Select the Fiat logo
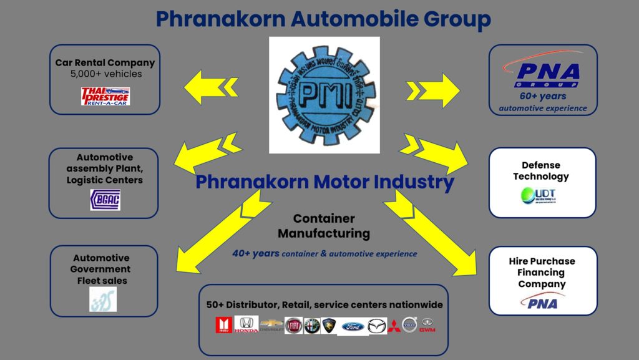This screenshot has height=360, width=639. tap(293, 325)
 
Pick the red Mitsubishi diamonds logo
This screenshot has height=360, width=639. tap(394, 325)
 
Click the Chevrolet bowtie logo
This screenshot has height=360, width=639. tap(271, 324)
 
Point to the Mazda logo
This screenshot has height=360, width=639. tap(377, 326)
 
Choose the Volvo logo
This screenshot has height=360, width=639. tap(409, 324)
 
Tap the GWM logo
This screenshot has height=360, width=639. tap(427, 325)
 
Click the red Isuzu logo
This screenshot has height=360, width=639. tap(223, 325)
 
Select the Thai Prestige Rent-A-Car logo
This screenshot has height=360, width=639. tap(105, 95)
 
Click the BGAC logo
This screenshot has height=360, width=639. tap(105, 200)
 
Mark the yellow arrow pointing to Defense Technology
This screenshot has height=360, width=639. tap(437, 153)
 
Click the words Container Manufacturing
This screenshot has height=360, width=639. tap(323, 226)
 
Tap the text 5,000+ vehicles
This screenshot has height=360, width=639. tap(106, 74)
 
